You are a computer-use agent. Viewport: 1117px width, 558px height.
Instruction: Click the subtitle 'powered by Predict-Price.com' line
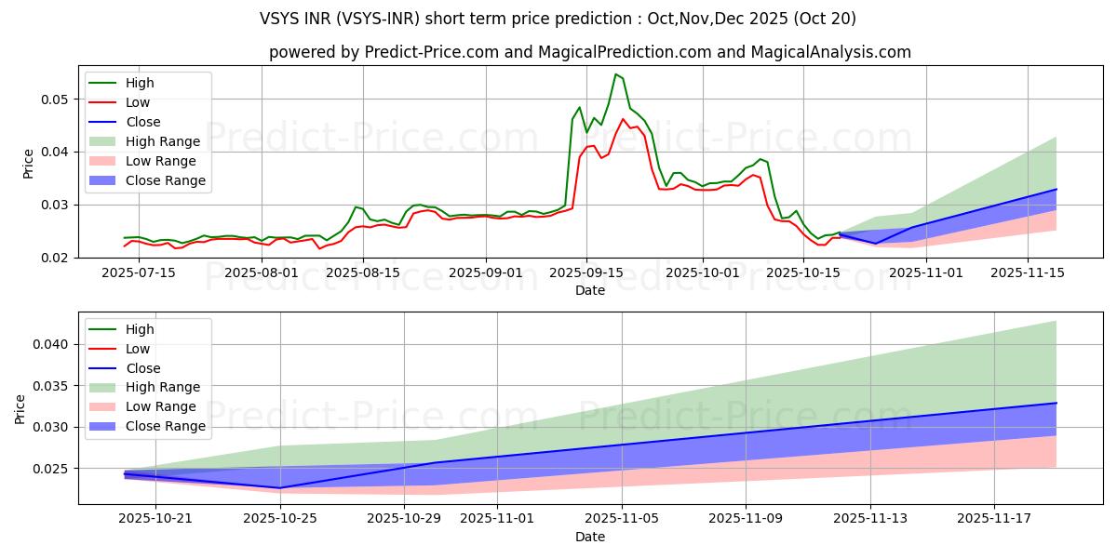click(590, 52)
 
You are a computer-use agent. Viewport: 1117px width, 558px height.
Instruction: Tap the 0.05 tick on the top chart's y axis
click(58, 100)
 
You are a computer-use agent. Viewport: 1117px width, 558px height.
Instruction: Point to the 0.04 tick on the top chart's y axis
click(58, 152)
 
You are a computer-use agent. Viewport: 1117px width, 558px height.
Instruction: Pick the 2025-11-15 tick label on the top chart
click(1027, 272)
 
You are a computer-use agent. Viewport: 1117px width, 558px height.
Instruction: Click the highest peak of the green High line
click(615, 74)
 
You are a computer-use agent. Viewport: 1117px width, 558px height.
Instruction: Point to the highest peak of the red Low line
click(623, 119)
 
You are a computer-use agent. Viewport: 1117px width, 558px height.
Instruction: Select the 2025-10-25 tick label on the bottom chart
click(280, 518)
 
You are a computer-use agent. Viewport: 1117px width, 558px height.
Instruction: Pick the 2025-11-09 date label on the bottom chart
click(746, 518)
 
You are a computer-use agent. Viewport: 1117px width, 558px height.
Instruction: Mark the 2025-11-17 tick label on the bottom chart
click(994, 518)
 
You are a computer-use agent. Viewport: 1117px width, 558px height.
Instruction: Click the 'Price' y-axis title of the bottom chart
click(20, 408)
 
